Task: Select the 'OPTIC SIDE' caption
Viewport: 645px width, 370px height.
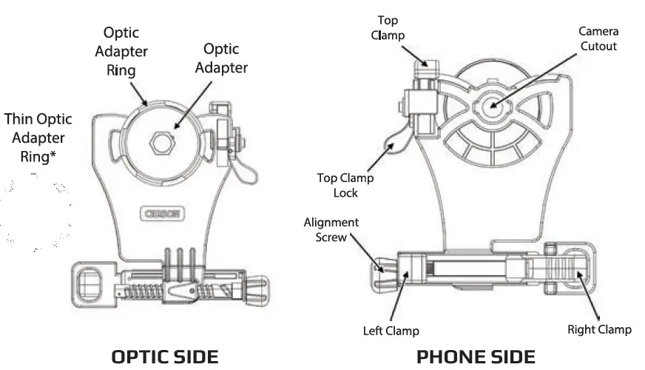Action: tap(164, 357)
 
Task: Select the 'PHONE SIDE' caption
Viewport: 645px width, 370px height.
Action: tap(476, 357)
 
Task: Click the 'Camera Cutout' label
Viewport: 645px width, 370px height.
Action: tap(598, 38)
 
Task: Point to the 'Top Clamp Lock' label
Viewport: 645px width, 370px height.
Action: tap(345, 185)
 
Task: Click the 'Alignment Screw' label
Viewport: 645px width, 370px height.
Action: tap(331, 229)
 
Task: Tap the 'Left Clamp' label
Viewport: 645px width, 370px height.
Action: tap(391, 331)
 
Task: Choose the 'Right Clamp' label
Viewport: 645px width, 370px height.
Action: tap(599, 329)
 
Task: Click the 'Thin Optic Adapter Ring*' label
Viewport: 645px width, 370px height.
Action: tap(35, 138)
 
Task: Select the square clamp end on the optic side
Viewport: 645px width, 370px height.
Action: tap(90, 283)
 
